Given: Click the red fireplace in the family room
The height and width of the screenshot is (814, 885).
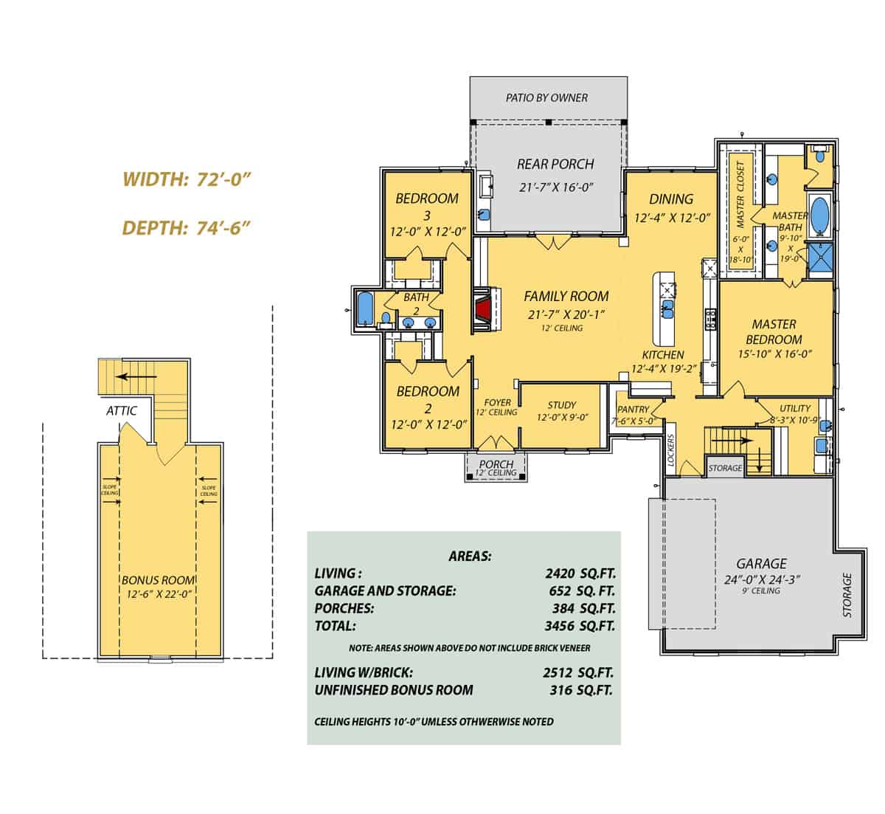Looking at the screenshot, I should click(x=484, y=308).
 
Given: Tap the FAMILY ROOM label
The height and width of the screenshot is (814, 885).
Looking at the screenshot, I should click(x=566, y=297).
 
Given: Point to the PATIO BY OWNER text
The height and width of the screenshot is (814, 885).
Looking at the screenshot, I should click(x=546, y=97).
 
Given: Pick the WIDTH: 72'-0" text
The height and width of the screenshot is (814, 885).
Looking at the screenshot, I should click(x=192, y=179).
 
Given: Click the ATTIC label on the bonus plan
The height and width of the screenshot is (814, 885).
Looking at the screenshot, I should click(x=122, y=411).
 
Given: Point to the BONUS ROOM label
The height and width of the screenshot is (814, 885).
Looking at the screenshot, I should click(x=159, y=581).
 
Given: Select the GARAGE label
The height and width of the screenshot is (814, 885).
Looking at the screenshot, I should click(x=762, y=564).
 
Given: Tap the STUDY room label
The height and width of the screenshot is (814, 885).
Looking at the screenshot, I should click(x=561, y=405).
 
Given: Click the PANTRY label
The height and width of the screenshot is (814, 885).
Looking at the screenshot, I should click(x=633, y=410).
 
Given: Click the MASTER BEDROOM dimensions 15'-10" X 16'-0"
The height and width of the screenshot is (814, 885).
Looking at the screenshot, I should click(x=774, y=353).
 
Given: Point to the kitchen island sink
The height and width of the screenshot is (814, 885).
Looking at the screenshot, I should click(x=667, y=309).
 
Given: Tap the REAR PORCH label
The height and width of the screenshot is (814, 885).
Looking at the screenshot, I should click(x=555, y=165).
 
